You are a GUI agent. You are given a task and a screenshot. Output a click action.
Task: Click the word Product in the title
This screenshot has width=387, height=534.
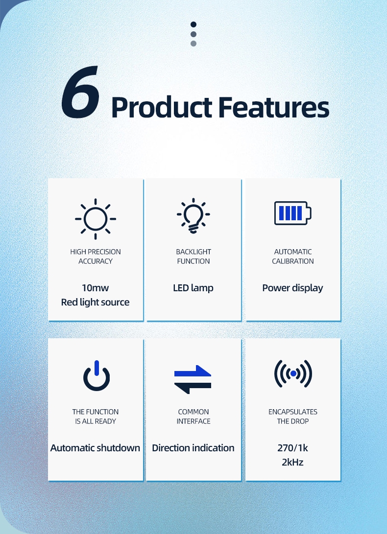tap(161, 107)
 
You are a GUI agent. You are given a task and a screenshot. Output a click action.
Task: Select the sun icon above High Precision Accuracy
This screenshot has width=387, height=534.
tap(96, 219)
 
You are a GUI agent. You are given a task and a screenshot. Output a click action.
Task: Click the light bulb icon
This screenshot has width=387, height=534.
tap(193, 217)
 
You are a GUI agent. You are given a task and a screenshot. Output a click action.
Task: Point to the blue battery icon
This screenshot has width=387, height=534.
tap(292, 213)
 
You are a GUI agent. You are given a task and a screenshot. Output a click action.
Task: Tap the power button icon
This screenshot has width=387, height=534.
tap(96, 376)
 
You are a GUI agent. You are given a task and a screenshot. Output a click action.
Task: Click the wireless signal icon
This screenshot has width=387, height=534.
tap(293, 374)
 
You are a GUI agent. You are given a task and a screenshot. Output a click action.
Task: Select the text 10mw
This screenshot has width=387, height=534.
tap(96, 288)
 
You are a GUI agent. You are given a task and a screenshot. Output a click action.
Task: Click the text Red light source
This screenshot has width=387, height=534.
tap(96, 302)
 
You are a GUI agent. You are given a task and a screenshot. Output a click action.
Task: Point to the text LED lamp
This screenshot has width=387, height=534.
tap(193, 288)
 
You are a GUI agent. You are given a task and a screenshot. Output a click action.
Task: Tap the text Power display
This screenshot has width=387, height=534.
tap(292, 288)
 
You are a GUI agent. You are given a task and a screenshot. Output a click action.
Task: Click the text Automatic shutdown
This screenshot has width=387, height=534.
tap(96, 448)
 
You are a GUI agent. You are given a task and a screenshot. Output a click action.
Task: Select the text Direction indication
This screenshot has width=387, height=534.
tap(193, 448)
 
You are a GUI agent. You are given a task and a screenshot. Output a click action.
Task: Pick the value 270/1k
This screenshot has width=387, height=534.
tap(292, 448)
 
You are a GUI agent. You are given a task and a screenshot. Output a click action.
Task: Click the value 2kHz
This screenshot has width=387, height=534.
tap(292, 462)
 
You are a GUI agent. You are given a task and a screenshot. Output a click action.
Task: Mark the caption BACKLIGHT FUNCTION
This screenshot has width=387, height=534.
tap(193, 256)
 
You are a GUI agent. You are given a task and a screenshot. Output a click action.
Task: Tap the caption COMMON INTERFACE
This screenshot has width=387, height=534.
tap(193, 417)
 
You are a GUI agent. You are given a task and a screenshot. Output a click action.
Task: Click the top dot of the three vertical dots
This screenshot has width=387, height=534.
tap(193, 24)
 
